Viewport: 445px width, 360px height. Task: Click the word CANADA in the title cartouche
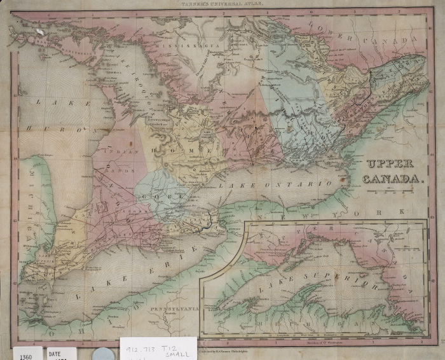(394, 179)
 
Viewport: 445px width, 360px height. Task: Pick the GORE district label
(171, 198)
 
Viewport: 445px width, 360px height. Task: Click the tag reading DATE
(56, 352)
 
